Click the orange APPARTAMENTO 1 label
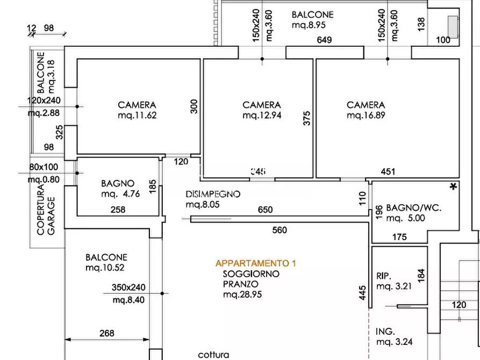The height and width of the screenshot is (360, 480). click(255, 263)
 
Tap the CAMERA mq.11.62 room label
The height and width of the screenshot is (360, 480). click(137, 110)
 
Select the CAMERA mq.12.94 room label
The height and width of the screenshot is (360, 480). click(262, 110)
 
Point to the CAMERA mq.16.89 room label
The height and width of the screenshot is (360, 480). click(366, 110)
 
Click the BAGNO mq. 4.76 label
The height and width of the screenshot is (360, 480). click(120, 189)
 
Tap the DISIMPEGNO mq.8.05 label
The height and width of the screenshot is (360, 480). click(213, 199)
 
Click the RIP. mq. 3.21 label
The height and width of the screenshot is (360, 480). click(394, 281)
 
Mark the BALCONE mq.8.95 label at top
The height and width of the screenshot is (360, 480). click(312, 19)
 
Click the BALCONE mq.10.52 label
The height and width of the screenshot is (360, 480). click(106, 262)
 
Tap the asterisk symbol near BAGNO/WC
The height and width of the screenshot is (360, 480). click(454, 187)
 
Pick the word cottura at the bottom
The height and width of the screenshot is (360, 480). click(213, 355)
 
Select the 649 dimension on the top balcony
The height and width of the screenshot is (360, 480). click(324, 40)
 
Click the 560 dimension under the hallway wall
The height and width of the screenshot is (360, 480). click(280, 230)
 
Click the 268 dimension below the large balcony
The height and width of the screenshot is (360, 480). click(107, 333)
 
